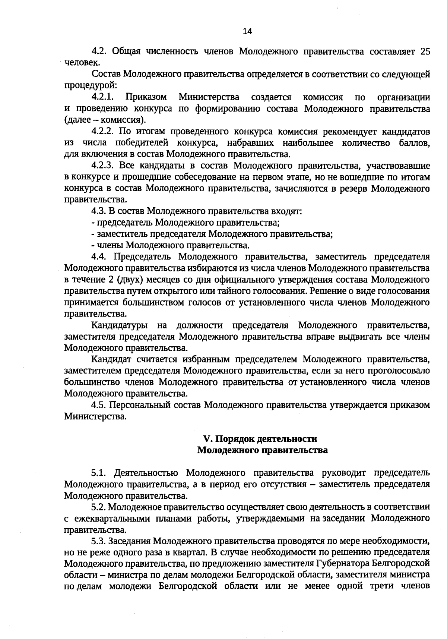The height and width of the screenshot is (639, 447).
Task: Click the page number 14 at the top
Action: [247, 31]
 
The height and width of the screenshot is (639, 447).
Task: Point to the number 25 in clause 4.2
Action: [425, 51]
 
